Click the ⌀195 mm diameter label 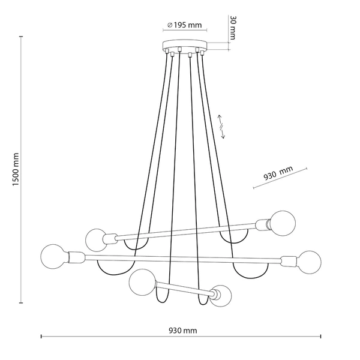[x=184, y=25]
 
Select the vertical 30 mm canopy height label [x=233, y=28]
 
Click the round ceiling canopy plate [x=184, y=46]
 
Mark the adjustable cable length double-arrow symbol [x=221, y=126]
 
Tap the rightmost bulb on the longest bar [x=309, y=262]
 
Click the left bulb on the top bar [x=95, y=239]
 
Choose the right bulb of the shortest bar [x=220, y=296]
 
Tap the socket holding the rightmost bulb [x=288, y=261]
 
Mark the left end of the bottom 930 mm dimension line [x=41, y=337]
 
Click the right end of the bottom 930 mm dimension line [x=321, y=337]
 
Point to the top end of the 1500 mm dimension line [x=22, y=37]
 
